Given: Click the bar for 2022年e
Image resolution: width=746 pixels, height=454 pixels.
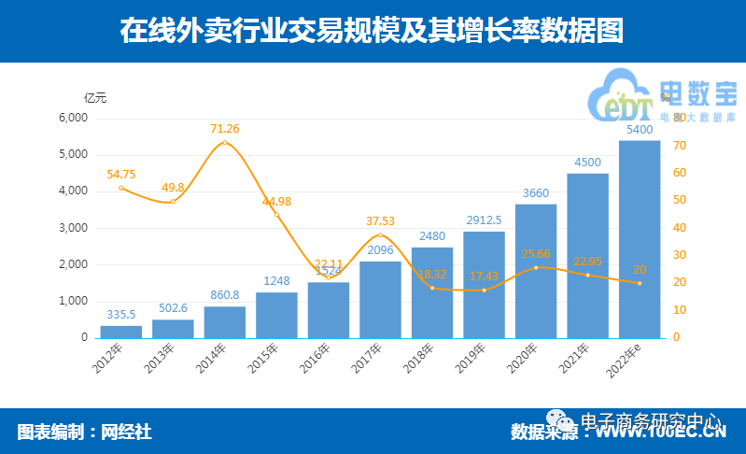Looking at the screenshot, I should [x=640, y=239].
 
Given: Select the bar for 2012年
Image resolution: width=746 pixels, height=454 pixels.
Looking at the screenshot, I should [x=121, y=332].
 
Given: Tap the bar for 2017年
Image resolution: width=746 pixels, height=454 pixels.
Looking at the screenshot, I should [x=380, y=300].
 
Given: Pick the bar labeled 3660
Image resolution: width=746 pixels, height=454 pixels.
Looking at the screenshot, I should [x=536, y=271].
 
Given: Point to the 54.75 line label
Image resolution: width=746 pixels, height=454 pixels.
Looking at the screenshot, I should [x=121, y=174].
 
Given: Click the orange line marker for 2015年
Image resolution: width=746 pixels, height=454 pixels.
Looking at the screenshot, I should [x=276, y=216].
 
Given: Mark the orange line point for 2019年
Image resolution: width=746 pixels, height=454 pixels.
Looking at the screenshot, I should [x=484, y=291].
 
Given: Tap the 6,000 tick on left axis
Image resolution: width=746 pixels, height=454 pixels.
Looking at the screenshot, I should [x=72, y=118].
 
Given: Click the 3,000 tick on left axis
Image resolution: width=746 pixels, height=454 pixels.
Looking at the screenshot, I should [x=72, y=228].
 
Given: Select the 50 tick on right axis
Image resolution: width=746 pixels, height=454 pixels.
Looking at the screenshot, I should [x=681, y=201].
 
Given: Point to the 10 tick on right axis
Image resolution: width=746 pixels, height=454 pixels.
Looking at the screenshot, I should [x=681, y=310].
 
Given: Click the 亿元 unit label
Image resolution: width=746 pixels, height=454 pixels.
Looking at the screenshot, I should [x=95, y=97].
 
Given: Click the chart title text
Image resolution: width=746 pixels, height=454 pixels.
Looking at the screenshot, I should [x=372, y=31].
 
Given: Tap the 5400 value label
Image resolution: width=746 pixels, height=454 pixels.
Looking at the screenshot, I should [x=640, y=130].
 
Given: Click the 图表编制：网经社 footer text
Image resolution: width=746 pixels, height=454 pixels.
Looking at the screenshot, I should [x=85, y=432].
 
